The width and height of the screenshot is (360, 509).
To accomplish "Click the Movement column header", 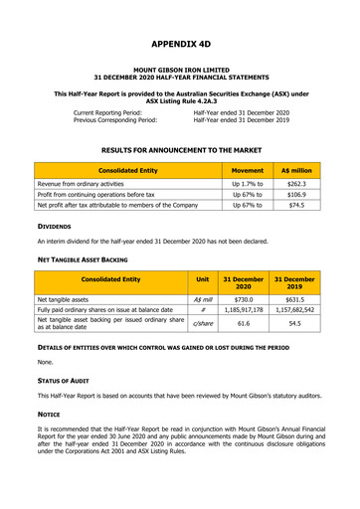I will click(x=247, y=170).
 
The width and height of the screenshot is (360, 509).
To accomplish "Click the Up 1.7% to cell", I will click(x=247, y=184).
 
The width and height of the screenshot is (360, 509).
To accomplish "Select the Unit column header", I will click(x=203, y=280).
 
